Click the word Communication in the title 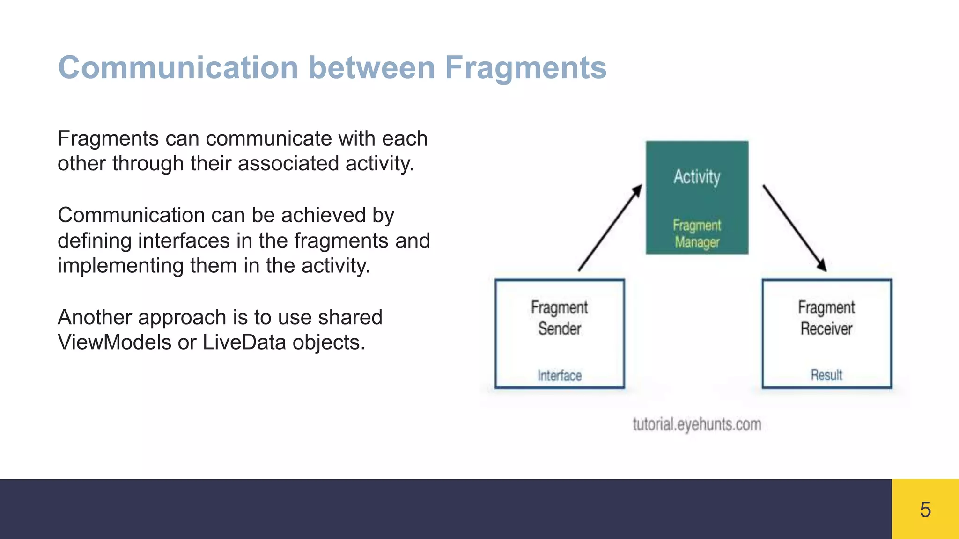click(178, 68)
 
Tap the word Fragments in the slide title click(525, 68)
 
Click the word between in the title click(372, 68)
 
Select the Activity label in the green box click(697, 177)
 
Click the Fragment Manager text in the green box click(697, 233)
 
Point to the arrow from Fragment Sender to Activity click(610, 228)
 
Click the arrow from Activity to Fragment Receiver click(795, 228)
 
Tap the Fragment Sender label click(560, 318)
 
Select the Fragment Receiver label click(826, 318)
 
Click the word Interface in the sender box click(560, 375)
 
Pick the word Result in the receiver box click(826, 375)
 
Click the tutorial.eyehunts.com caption click(697, 424)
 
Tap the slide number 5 click(925, 509)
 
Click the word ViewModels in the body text click(115, 342)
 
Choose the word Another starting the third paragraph click(95, 317)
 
